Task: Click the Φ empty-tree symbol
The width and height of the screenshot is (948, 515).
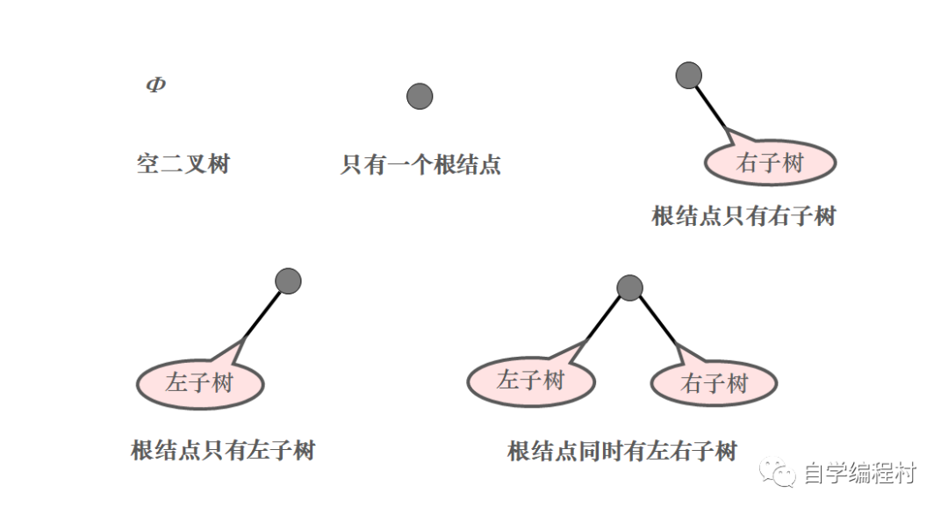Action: point(155,85)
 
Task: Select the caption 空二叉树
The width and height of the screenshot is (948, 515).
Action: point(183,163)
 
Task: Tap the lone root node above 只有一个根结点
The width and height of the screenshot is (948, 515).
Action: point(420,97)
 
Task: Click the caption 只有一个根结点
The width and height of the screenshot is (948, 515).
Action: point(420,164)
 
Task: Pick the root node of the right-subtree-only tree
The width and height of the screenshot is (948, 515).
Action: point(689,76)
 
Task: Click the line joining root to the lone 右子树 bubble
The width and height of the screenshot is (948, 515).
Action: point(713,110)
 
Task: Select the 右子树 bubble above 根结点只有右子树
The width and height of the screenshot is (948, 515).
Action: point(771,163)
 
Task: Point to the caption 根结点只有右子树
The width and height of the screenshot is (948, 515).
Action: point(743,216)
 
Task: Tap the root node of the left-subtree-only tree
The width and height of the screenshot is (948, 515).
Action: point(288,281)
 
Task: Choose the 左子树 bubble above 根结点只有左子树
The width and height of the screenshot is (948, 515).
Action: point(200,384)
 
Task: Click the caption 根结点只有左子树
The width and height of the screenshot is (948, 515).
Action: point(223,451)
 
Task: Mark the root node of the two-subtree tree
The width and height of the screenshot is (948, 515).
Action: point(629,287)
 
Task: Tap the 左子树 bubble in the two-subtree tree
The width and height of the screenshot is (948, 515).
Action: point(530,381)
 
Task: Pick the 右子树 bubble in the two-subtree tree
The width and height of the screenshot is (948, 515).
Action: point(714,384)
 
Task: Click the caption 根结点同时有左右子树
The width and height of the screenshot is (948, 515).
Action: point(622,452)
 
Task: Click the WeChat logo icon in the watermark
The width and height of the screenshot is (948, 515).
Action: point(779,475)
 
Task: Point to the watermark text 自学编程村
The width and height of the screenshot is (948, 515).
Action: point(859,475)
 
